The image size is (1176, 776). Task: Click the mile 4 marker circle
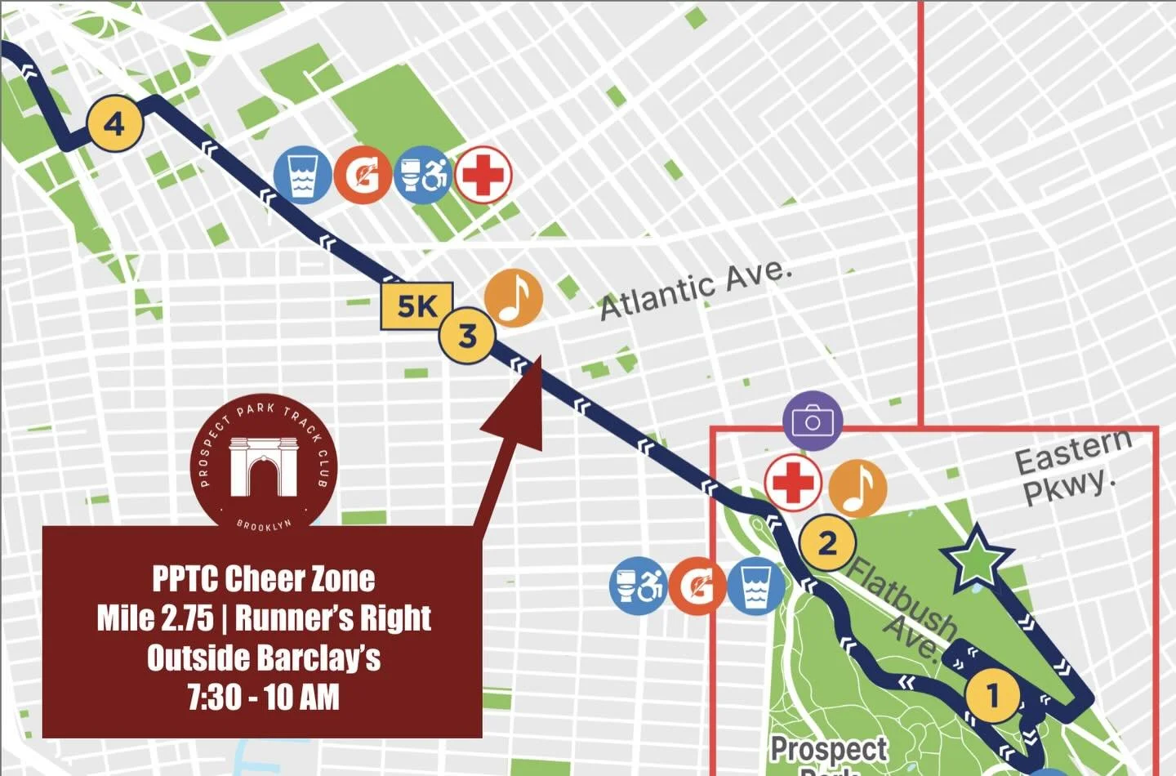pos(115,124)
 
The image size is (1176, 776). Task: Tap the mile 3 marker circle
pos(467,336)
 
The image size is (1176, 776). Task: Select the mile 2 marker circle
pos(827,543)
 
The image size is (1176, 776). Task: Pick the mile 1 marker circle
pos(993,696)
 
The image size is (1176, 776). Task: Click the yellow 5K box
pos(416,306)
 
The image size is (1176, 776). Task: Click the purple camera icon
pos(812,421)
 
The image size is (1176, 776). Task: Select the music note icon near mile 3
pos(513,298)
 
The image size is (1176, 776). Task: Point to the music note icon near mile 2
pos(857,488)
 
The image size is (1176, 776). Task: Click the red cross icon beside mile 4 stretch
pos(483,175)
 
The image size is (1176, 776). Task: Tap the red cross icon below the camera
pos(793,481)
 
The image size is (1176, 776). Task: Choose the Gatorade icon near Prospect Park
pos(697,586)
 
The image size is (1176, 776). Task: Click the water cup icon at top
pos(302,175)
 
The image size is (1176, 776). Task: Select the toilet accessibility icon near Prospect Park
pos(638,585)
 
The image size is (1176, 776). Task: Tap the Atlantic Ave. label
pos(696,291)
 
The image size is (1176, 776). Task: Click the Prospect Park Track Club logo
pos(263,465)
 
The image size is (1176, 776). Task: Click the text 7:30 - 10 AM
pos(263,697)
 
